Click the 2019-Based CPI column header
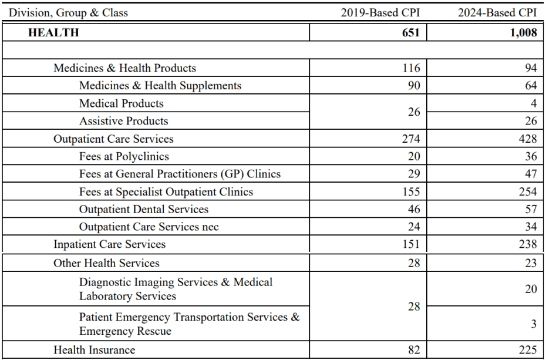tap(380, 12)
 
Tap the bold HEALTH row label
tap(53, 33)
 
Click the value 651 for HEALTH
tap(410, 33)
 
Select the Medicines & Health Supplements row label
tap(160, 86)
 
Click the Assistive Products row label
tap(124, 121)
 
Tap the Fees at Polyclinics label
tap(124, 157)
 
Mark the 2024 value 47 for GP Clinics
tap(530, 174)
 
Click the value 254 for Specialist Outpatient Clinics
tap(528, 192)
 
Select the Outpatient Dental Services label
tap(144, 210)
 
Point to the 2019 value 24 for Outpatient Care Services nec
tap(413, 227)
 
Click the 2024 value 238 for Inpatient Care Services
tap(528, 244)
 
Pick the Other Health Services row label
tap(106, 263)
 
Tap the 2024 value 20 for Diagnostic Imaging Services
tap(530, 289)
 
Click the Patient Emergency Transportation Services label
tap(189, 324)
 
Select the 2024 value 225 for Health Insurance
tap(528, 350)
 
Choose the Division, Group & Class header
tap(68, 12)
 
